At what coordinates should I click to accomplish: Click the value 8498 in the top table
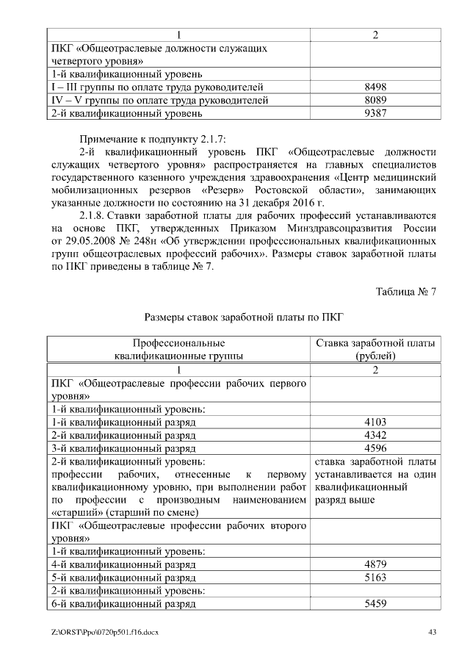point(375,87)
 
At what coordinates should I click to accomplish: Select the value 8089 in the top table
point(375,100)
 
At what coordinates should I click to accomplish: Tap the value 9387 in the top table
point(375,113)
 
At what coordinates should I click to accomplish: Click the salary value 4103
point(375,422)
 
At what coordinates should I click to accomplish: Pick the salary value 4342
point(375,435)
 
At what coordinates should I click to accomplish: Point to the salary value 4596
point(375,448)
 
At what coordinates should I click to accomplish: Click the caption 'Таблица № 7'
point(406,292)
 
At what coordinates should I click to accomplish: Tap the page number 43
point(432,632)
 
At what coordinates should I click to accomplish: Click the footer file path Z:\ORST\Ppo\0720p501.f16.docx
point(105,632)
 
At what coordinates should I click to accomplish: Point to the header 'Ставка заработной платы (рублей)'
point(375,350)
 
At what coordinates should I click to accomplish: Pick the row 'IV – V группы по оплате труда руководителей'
point(159,100)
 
